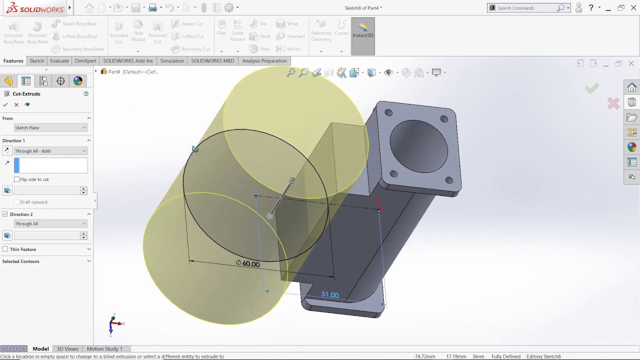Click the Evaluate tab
click(59, 61)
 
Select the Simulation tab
click(171, 61)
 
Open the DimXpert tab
click(85, 61)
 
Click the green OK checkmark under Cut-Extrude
click(5, 104)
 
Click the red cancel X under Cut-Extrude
click(16, 104)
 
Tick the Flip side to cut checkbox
click(17, 179)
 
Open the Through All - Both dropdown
click(50, 151)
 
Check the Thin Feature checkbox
click(5, 249)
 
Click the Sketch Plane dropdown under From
click(50, 128)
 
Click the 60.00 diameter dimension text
click(250, 264)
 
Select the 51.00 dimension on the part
click(330, 295)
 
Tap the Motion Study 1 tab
click(104, 349)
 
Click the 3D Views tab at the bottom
click(67, 349)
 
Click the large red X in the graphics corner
click(613, 103)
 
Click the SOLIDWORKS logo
click(35, 8)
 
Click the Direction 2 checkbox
click(5, 214)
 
